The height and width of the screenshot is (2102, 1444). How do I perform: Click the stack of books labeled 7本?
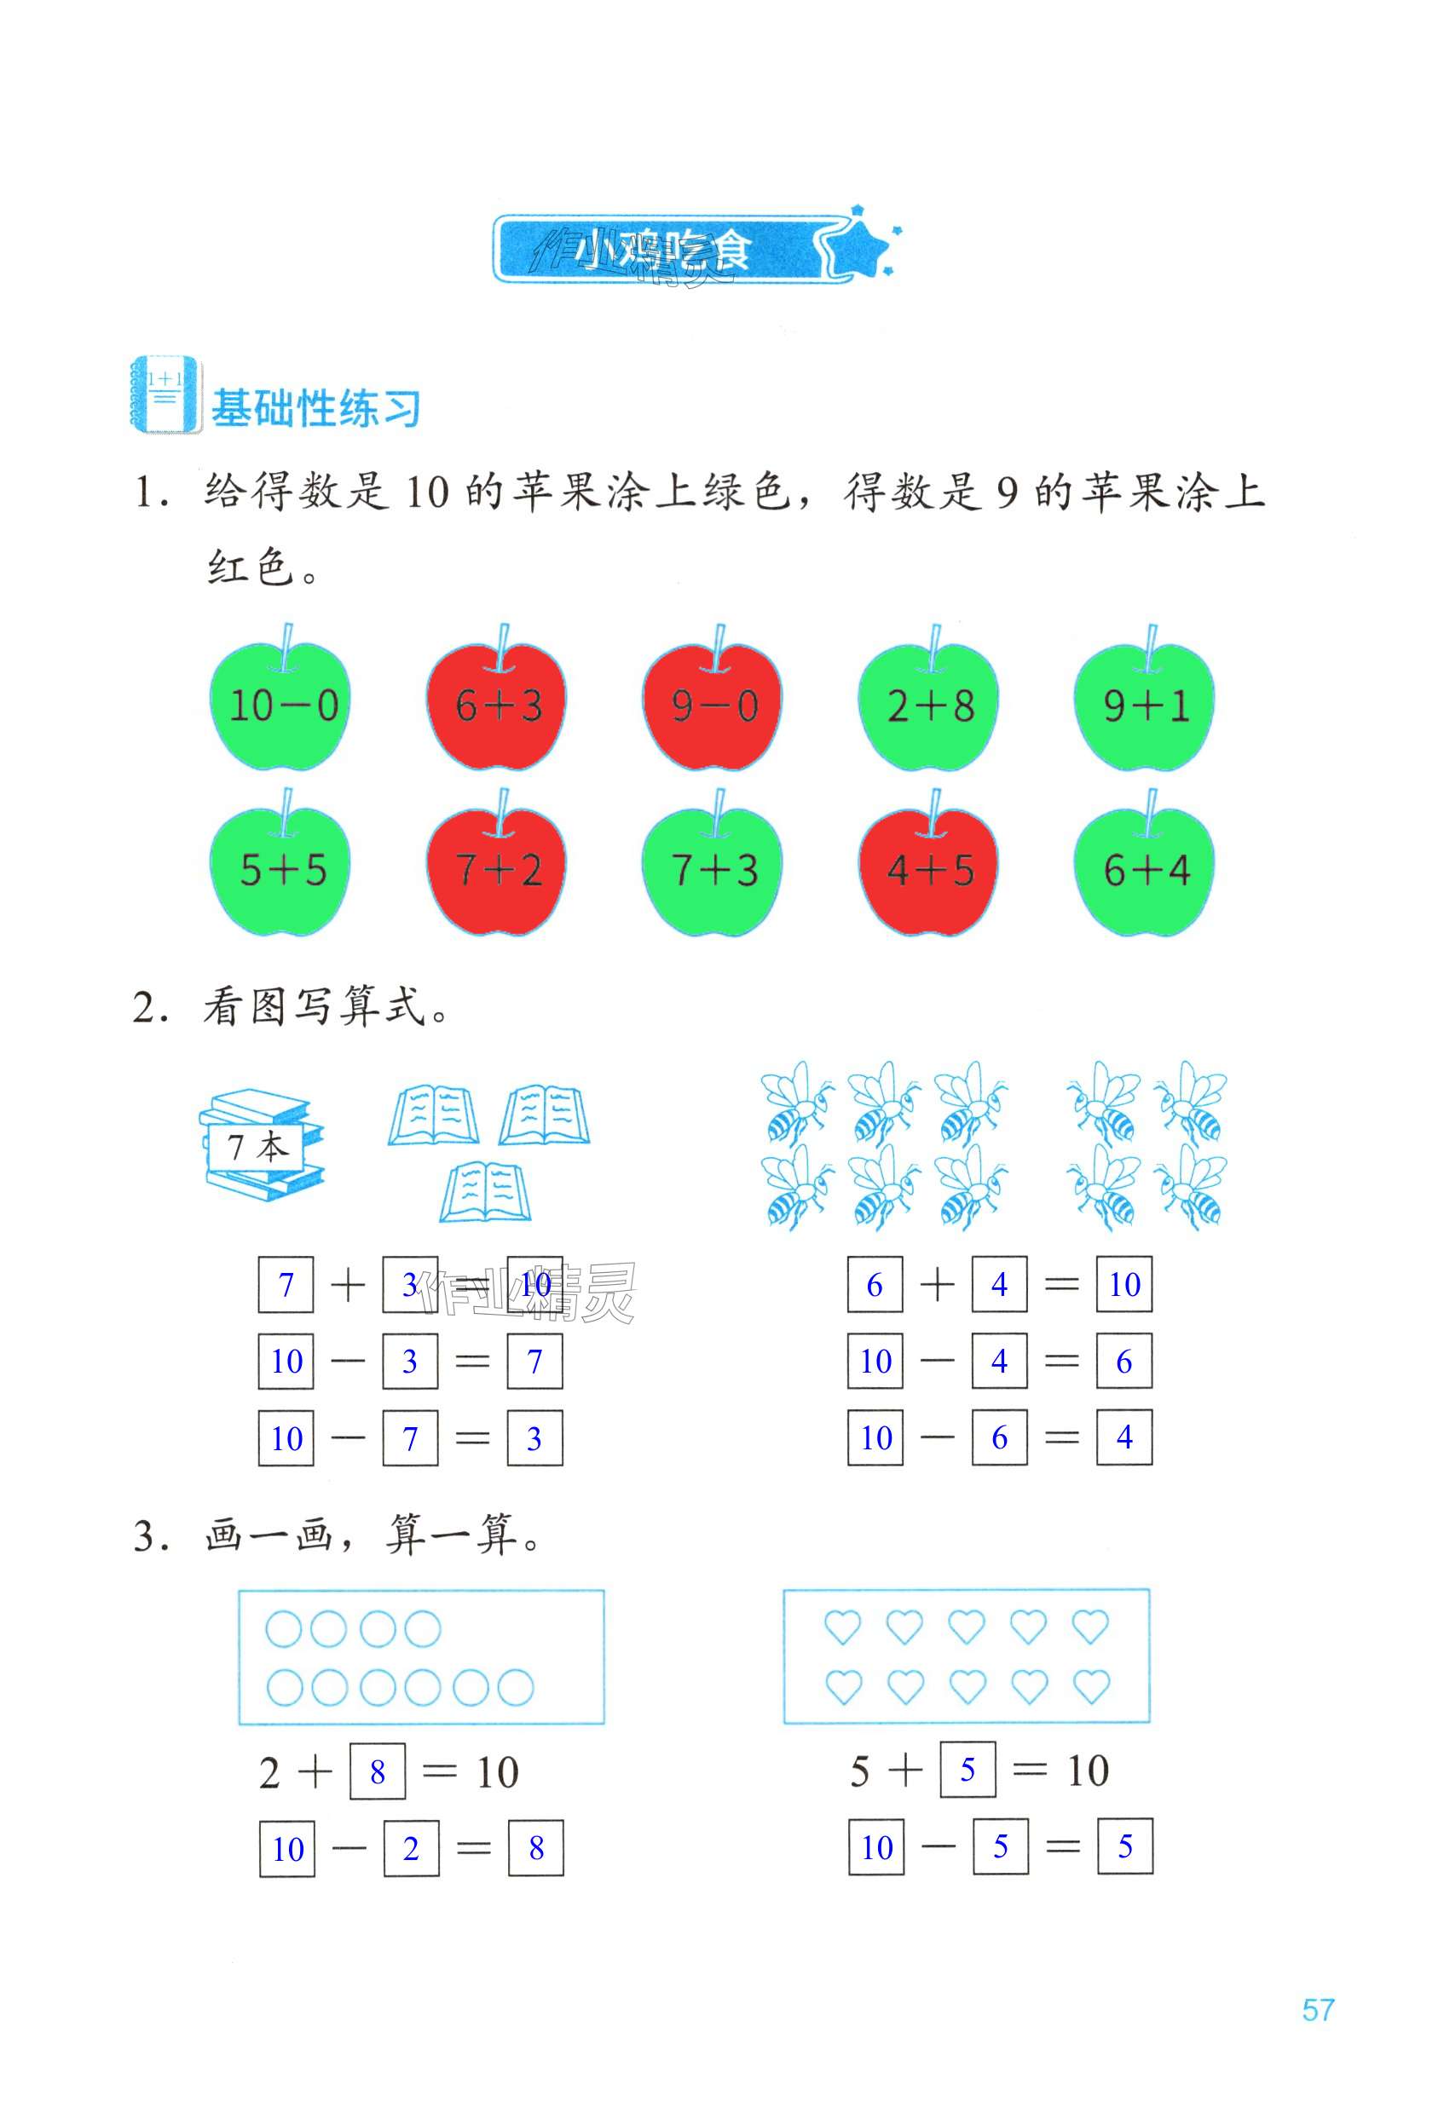[x=261, y=1145]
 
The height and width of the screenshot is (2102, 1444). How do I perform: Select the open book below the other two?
[x=486, y=1193]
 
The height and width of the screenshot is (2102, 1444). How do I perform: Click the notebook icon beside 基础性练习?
[x=165, y=395]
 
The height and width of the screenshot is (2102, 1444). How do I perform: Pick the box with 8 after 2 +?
[x=378, y=1772]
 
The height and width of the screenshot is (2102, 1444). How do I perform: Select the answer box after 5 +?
[x=967, y=1770]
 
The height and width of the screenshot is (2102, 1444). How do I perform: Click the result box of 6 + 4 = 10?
[x=1123, y=1284]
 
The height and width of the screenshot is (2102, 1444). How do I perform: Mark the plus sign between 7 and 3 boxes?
[x=348, y=1285]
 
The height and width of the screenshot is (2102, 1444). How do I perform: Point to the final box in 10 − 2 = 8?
[x=535, y=1848]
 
